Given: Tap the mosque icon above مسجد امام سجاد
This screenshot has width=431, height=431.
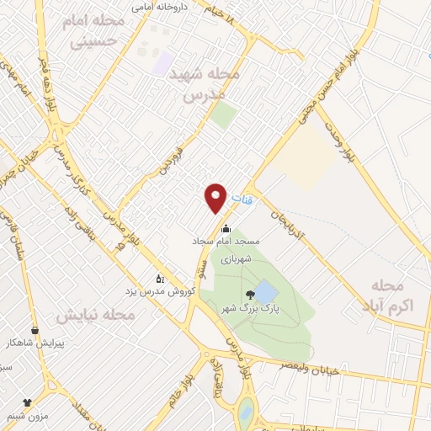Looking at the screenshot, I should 226,228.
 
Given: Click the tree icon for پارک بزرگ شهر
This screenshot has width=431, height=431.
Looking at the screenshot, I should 249,295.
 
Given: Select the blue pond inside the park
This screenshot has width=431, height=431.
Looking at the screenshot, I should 266,292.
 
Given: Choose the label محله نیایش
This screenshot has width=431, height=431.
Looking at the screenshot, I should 94,316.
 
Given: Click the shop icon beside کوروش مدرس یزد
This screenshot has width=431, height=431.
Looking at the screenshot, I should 159,278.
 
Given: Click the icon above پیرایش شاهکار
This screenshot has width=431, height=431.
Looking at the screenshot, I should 35,331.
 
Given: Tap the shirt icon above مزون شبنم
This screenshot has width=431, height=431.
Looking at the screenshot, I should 27,402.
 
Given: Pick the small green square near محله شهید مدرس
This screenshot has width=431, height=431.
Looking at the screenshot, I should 223,114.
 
